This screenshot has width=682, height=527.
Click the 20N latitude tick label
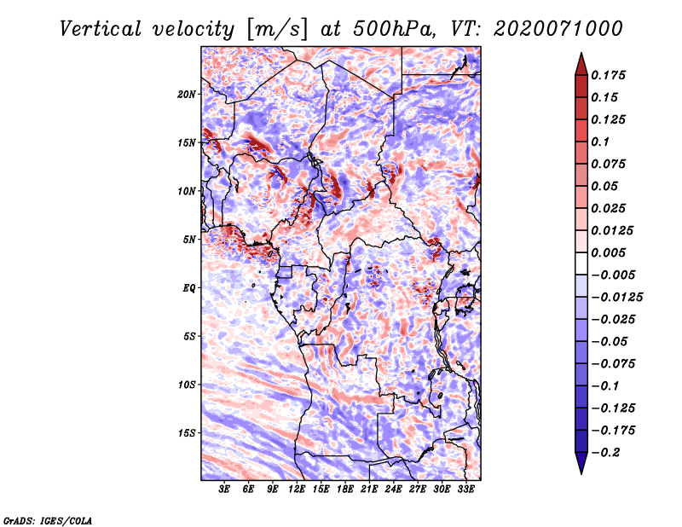(x=187, y=95)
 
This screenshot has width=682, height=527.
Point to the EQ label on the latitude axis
(x=188, y=288)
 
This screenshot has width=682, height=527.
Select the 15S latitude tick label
(x=187, y=433)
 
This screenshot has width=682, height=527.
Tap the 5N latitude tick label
(x=189, y=240)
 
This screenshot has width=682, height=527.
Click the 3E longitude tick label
(x=224, y=489)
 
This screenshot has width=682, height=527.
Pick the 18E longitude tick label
(x=345, y=489)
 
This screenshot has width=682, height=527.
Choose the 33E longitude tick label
(x=465, y=489)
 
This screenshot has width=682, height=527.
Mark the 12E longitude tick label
(x=297, y=489)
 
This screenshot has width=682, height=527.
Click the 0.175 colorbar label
(x=608, y=75)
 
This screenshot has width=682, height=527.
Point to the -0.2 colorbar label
(x=605, y=453)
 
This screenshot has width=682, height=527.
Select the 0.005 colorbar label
(x=608, y=252)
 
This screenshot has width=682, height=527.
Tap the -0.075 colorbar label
(x=613, y=364)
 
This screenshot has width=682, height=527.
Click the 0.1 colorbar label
(x=600, y=142)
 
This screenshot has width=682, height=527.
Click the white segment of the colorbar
(x=581, y=263)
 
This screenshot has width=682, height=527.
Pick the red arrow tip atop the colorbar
(x=581, y=54)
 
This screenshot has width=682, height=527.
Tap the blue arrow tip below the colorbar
(x=581, y=473)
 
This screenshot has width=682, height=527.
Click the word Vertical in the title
(x=101, y=29)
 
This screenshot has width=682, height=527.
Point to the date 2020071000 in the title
(x=558, y=29)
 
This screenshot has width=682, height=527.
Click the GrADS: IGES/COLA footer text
(x=48, y=520)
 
